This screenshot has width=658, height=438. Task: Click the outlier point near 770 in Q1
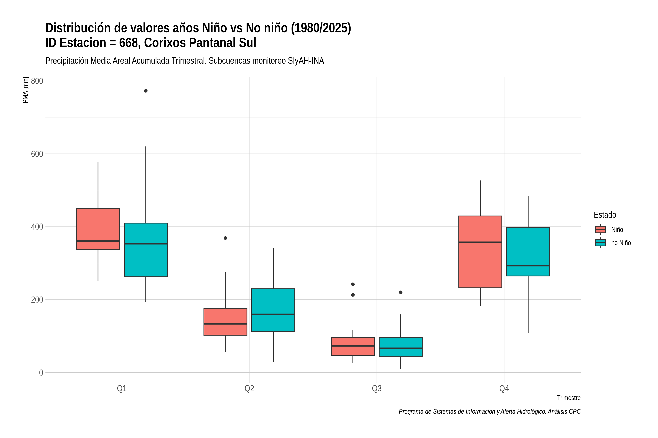click(146, 91)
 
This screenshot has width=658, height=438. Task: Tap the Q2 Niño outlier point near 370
click(226, 238)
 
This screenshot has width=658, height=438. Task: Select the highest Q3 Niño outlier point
click(353, 284)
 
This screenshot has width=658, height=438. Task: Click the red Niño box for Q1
click(98, 229)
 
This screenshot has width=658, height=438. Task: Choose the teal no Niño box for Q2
click(273, 310)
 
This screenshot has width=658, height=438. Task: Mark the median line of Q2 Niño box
click(226, 324)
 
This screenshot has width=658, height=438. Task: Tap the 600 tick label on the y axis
click(37, 154)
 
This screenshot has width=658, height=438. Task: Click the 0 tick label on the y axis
click(41, 373)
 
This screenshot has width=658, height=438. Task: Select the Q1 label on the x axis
click(122, 389)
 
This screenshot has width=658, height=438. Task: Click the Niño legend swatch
click(600, 230)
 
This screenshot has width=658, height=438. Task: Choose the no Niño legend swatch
click(600, 243)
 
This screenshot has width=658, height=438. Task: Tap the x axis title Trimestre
click(569, 398)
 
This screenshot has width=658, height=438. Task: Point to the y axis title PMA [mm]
click(25, 90)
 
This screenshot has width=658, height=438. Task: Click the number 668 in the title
click(130, 43)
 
